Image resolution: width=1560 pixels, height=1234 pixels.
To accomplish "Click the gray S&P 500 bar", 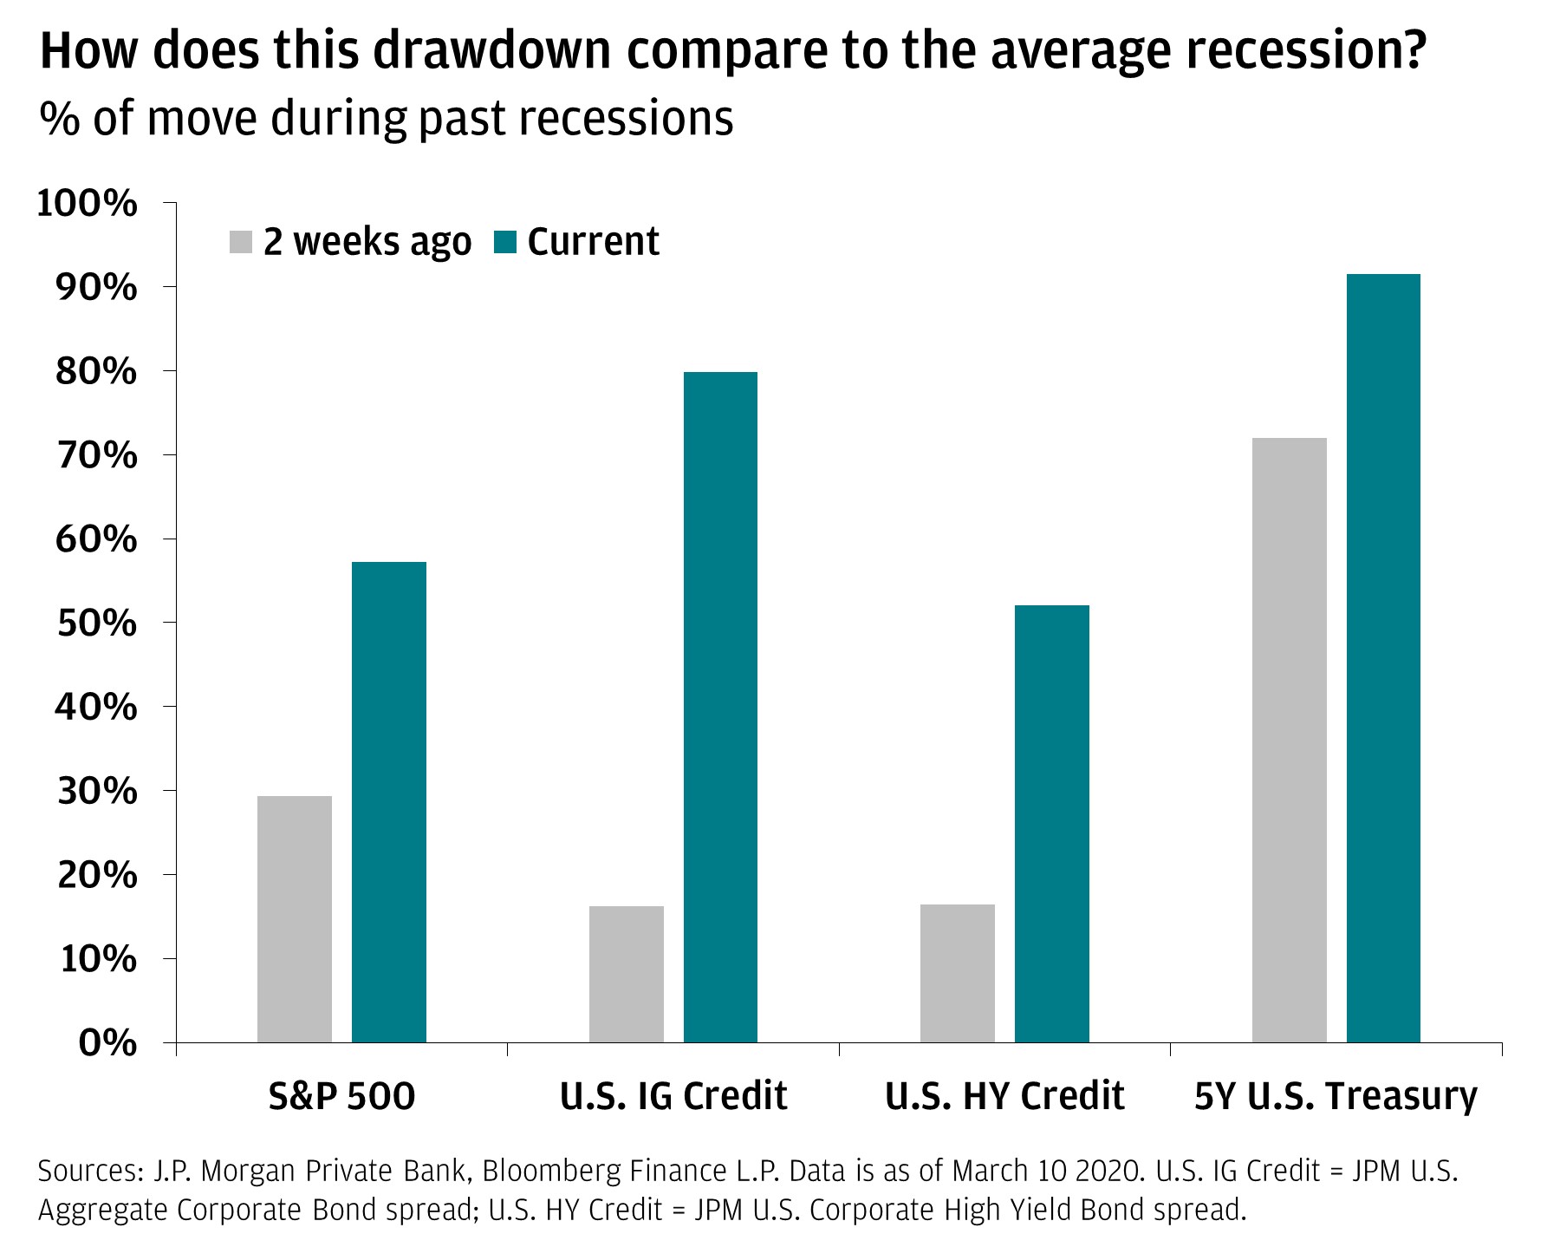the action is click(295, 919).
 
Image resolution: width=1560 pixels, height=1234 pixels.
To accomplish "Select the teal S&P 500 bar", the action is click(389, 802).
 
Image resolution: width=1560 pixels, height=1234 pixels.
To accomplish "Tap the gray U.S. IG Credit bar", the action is click(627, 974).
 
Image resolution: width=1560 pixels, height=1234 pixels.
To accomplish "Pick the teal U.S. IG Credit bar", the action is click(720, 707).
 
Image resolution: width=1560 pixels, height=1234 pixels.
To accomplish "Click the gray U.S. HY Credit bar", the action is click(958, 973).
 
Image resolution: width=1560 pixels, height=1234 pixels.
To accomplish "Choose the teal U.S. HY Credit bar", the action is click(1052, 824).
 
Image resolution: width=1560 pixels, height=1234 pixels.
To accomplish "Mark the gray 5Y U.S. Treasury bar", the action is click(1290, 740).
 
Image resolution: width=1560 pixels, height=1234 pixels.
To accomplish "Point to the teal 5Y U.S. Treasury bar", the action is click(1383, 658).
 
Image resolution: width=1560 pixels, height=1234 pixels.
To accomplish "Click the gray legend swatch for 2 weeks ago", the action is click(241, 242).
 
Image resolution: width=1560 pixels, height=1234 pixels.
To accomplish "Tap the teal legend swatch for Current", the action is click(504, 242).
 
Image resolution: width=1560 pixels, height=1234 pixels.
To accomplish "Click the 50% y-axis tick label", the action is click(96, 624).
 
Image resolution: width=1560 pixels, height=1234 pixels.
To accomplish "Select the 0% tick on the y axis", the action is click(107, 1043).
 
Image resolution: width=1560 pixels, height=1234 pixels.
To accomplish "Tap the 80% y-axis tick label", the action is click(96, 372).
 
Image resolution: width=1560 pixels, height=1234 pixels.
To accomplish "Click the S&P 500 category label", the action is click(341, 1096).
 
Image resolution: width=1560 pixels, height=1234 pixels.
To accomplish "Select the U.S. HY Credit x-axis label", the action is click(1004, 1096).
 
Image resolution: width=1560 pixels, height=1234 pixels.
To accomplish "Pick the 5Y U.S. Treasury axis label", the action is click(1336, 1097).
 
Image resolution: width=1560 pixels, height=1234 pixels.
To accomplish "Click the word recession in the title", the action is click(1306, 52).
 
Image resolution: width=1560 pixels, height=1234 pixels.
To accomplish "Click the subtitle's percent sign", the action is click(60, 119).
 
